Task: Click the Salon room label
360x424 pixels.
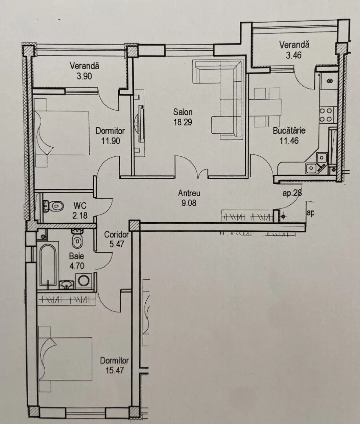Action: tap(183, 112)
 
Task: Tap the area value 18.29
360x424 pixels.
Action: tap(183, 122)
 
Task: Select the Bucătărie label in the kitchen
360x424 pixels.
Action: tap(289, 131)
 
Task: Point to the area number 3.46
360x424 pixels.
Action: tap(294, 55)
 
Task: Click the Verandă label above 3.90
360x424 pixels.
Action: tap(85, 66)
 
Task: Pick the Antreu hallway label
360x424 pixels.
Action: tap(189, 193)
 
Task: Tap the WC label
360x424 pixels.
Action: tap(80, 205)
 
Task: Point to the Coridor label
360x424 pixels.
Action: tap(116, 234)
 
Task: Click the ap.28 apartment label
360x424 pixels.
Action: tap(292, 193)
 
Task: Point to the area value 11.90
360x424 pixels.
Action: tap(111, 141)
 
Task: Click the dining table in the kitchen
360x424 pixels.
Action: tap(265, 107)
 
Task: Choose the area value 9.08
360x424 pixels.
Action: tap(189, 203)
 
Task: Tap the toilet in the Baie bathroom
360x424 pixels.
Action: tap(77, 239)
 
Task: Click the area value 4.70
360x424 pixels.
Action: tap(77, 266)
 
